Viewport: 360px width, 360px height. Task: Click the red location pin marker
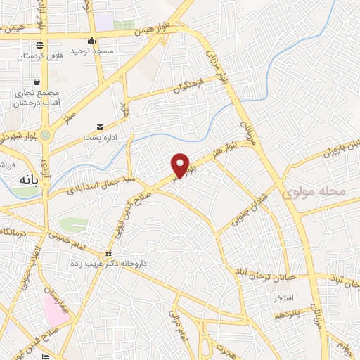click(181, 165)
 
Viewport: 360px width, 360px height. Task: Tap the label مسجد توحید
click(92, 52)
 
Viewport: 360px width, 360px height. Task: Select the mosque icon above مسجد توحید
click(92, 40)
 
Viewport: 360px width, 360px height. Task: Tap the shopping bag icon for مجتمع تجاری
click(36, 82)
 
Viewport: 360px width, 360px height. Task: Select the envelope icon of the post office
click(101, 127)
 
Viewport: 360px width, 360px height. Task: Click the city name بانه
click(24, 181)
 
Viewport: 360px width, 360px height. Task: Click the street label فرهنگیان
click(189, 89)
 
